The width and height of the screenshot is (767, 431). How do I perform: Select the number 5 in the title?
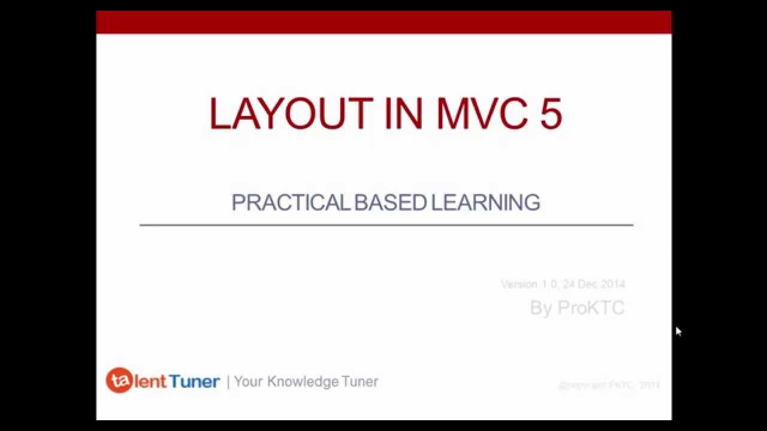pos(551,114)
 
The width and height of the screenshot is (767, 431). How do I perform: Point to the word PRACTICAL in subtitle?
pos(291,203)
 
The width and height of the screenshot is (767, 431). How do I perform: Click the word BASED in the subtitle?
pos(390,203)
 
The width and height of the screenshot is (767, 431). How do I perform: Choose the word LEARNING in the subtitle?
pos(485,203)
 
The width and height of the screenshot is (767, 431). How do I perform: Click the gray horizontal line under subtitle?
pos(386,225)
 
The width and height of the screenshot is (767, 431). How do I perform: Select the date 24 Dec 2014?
pos(594,284)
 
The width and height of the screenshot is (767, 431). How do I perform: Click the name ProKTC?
pos(591,308)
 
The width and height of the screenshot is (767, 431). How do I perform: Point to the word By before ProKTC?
pos(540,308)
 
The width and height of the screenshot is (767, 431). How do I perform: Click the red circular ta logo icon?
pos(119,381)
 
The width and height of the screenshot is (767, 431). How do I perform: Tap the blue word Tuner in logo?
pos(194,381)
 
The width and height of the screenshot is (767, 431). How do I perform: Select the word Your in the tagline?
pos(249,381)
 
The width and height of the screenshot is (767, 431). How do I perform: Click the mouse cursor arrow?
pos(678,331)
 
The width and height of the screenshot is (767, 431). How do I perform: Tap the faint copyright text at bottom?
pos(609,385)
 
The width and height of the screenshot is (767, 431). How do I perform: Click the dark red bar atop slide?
pos(383,22)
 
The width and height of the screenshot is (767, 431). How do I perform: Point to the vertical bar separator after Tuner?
pos(228,382)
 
